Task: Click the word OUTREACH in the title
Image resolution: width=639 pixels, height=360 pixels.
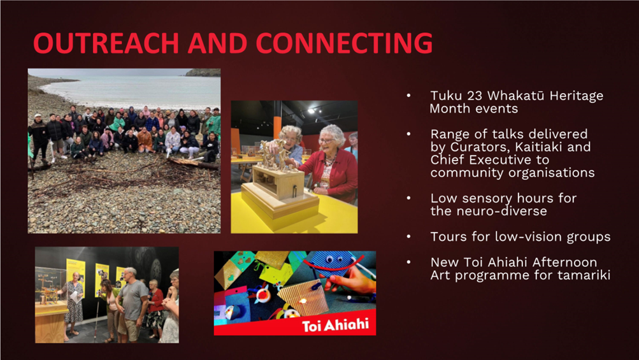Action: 106,43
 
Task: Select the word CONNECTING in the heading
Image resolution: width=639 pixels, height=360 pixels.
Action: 344,43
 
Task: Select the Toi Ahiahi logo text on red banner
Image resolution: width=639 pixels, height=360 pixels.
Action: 335,325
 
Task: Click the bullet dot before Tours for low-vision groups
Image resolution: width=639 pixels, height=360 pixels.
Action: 409,236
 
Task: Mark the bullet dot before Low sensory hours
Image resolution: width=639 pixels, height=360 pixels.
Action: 409,198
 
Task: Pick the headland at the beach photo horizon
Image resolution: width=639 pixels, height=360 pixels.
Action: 203,73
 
